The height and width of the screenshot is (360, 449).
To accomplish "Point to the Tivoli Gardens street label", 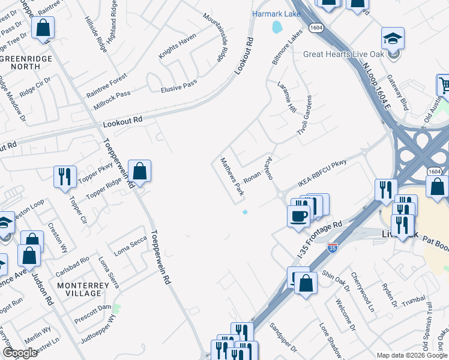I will point(305,115).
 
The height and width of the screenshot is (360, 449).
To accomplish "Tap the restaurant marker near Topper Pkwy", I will point(65,176).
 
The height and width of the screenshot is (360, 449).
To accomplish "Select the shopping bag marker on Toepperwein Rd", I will point(139,172).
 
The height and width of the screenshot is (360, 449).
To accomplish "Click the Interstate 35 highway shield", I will point(333,247).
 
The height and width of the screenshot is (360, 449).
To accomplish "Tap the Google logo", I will point(20,353).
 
